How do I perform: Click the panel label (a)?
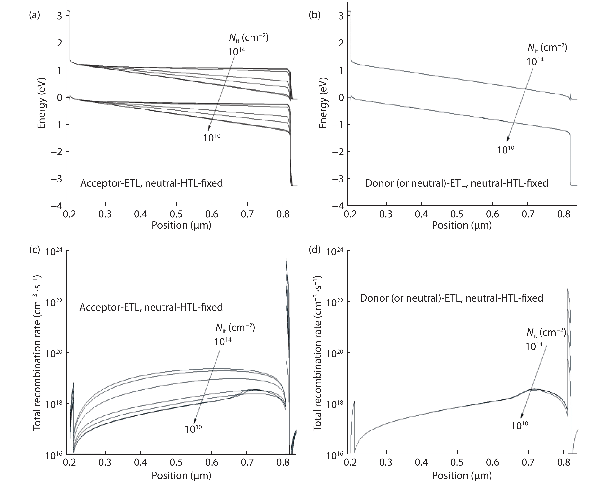pyautogui.click(x=34, y=15)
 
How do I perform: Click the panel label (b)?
pyautogui.click(x=314, y=15)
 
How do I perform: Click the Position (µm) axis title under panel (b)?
pyautogui.click(x=462, y=225)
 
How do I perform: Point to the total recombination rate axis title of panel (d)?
pyautogui.click(x=318, y=353)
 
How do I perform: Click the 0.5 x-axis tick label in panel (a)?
pyautogui.click(x=176, y=214)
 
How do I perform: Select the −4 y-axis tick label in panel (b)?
pyautogui.click(x=338, y=206)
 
